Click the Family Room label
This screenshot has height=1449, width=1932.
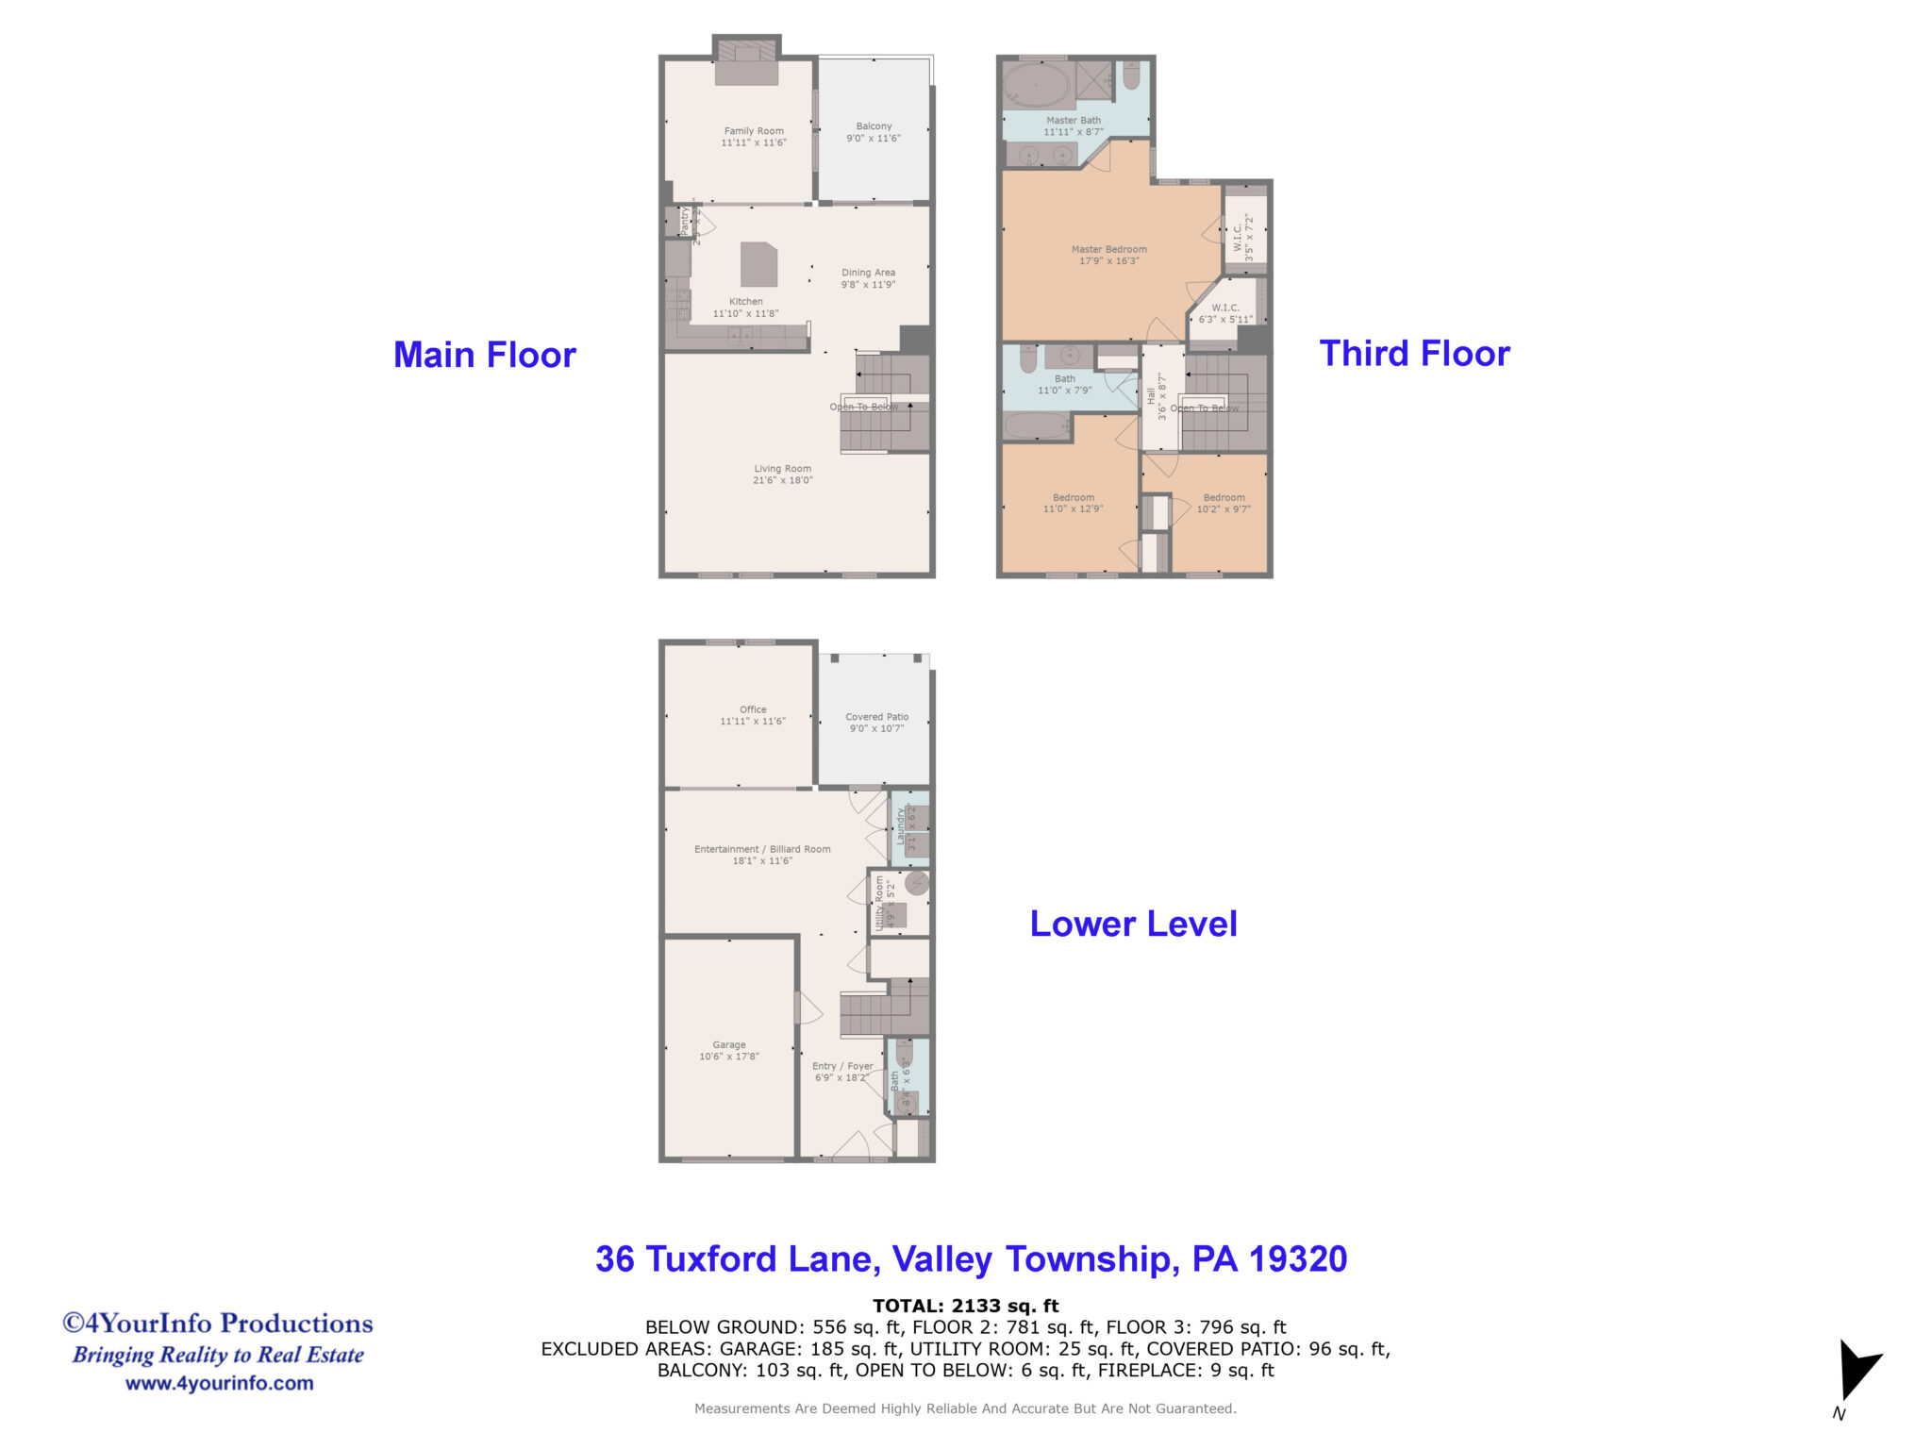tap(754, 131)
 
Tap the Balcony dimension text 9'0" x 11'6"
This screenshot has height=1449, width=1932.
tap(873, 139)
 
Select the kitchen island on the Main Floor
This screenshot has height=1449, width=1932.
tap(758, 264)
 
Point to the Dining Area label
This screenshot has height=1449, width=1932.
tap(868, 273)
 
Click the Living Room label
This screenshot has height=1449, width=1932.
tap(782, 469)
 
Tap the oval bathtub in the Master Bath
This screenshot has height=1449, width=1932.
tap(1036, 88)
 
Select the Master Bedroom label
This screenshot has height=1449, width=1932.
tap(1108, 250)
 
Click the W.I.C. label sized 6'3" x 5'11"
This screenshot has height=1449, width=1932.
tap(1224, 308)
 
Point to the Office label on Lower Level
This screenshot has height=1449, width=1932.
tap(753, 709)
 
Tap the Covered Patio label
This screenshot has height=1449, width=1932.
tap(876, 717)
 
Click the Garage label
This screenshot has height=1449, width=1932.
tap(728, 1045)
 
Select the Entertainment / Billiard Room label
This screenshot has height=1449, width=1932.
tap(762, 849)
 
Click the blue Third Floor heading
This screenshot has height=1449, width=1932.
tap(1413, 354)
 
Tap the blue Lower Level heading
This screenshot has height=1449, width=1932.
tap(1133, 924)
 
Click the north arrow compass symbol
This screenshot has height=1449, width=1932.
tap(1857, 1371)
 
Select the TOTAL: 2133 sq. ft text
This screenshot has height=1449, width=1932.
tap(965, 1306)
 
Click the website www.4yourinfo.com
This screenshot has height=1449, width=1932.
tap(219, 1383)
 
